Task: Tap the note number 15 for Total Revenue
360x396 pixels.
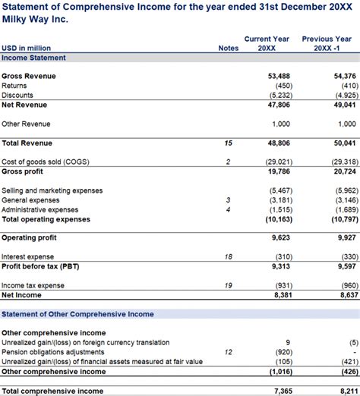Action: pyautogui.click(x=228, y=143)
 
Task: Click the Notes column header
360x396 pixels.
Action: pyautogui.click(x=228, y=48)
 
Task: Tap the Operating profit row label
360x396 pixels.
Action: pyautogui.click(x=29, y=237)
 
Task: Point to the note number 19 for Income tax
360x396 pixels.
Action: pyautogui.click(x=228, y=285)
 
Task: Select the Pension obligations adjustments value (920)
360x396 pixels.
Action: pyautogui.click(x=279, y=352)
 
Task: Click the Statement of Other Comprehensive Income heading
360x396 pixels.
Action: pyautogui.click(x=77, y=314)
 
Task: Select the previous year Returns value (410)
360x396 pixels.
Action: pyautogui.click(x=343, y=86)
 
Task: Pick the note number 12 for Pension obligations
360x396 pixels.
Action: pyautogui.click(x=228, y=352)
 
